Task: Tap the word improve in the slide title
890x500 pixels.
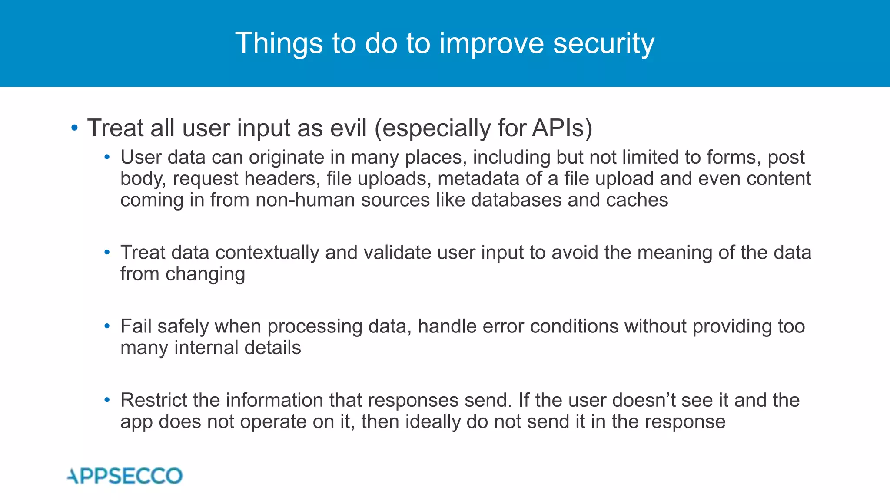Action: (x=491, y=44)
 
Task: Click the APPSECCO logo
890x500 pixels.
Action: (x=125, y=476)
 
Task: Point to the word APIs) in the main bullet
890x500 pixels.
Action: (x=562, y=128)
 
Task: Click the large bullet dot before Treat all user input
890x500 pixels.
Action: (x=75, y=128)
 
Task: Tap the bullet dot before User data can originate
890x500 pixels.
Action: (x=107, y=157)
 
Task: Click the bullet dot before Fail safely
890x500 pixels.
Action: (x=107, y=326)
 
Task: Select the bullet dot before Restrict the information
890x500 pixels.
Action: (x=107, y=400)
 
